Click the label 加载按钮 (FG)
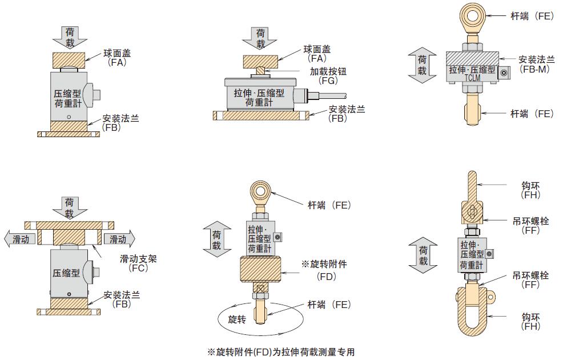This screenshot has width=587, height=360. tap(328, 76)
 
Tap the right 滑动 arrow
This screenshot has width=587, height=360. tap(119, 239)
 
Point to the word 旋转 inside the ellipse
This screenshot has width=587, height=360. tap(236, 319)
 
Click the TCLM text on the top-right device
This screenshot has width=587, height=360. tap(472, 77)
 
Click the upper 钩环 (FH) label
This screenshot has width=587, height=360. tap(530, 190)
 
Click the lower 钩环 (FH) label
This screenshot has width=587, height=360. tap(530, 321)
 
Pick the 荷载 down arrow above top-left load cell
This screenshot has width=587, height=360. tap(69, 37)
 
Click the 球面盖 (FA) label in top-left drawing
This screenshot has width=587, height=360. tap(116, 57)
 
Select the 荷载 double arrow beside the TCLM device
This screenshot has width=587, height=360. tap(422, 65)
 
